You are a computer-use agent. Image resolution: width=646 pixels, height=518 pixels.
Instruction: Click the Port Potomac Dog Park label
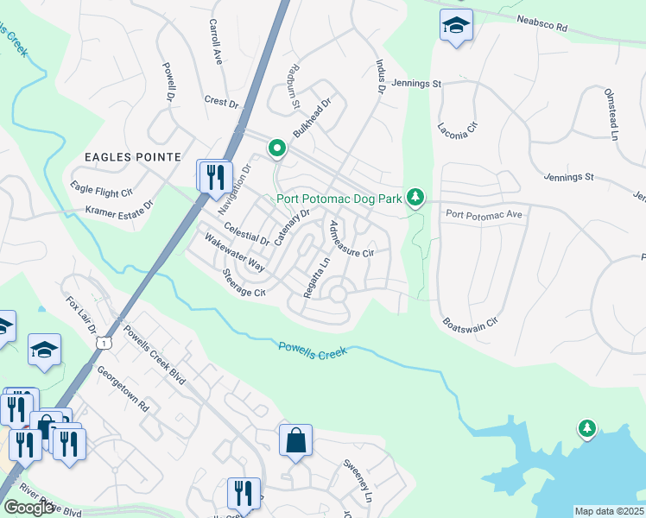[339, 199]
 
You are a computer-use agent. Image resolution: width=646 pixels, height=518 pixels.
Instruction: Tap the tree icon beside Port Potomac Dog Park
[416, 198]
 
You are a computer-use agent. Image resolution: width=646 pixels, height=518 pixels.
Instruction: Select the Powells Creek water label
[313, 350]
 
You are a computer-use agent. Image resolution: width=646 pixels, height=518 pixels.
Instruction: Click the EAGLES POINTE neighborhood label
[132, 157]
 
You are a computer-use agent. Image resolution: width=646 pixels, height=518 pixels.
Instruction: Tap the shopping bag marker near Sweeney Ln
[295, 441]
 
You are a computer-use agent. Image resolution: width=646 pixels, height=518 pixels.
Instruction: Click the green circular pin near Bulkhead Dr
[276, 148]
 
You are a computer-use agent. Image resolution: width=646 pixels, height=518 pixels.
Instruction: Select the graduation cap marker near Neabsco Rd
[456, 27]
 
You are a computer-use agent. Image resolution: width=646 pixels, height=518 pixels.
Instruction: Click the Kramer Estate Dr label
[118, 208]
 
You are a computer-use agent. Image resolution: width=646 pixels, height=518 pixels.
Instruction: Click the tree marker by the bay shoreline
[587, 428]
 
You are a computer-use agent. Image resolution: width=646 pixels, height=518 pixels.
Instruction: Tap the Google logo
[28, 508]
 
